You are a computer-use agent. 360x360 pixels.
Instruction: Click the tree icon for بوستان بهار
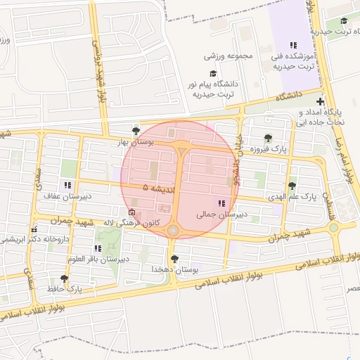click(x=136, y=131)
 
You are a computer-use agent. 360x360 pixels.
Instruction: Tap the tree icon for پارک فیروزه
click(x=268, y=138)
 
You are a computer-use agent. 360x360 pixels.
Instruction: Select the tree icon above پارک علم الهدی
click(x=292, y=186)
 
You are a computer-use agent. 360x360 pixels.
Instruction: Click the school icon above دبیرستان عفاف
click(x=67, y=185)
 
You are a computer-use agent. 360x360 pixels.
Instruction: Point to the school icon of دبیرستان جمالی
click(x=222, y=203)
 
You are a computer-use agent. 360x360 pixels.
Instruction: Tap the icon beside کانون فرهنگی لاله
click(x=131, y=212)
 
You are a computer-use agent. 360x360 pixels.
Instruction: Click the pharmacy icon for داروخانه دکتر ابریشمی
click(x=33, y=229)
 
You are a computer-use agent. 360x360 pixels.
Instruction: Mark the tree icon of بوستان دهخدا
click(x=174, y=259)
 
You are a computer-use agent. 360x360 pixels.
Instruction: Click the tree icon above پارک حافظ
click(x=65, y=278)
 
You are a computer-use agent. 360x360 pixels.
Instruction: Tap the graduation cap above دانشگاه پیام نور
click(x=213, y=73)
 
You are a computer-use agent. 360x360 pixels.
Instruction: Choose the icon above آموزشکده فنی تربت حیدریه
click(x=293, y=44)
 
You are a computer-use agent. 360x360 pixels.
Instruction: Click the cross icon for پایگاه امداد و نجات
click(x=321, y=102)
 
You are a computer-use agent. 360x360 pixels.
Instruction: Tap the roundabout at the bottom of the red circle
click(x=173, y=230)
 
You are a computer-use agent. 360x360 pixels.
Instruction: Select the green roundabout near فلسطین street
click(x=333, y=227)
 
